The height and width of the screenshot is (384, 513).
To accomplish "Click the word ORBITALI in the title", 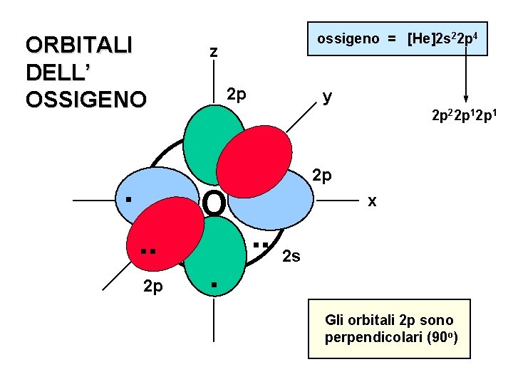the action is (x=78, y=45).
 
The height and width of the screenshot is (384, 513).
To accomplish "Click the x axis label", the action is (x=371, y=201).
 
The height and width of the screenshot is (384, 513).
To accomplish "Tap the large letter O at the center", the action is (x=214, y=204).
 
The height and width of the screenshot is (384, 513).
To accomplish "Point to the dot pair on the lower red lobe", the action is (x=147, y=251).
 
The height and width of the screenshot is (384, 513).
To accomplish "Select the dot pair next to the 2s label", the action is (x=261, y=245).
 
